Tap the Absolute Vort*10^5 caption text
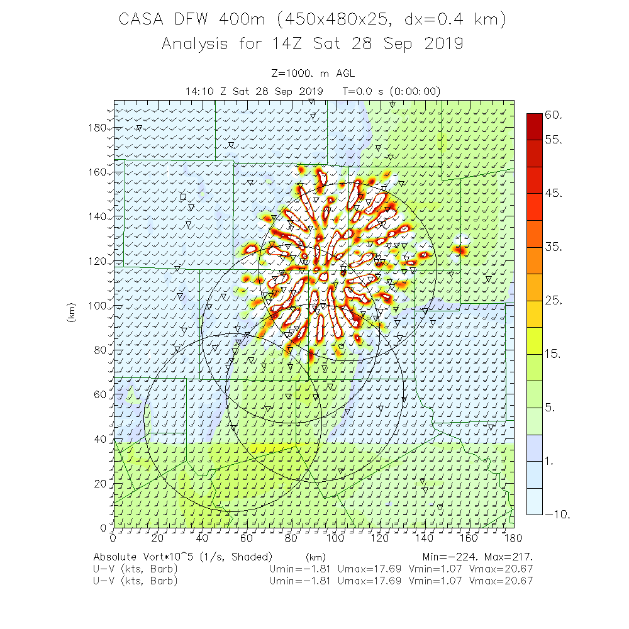coord(182,557)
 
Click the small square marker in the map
coord(183,196)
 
